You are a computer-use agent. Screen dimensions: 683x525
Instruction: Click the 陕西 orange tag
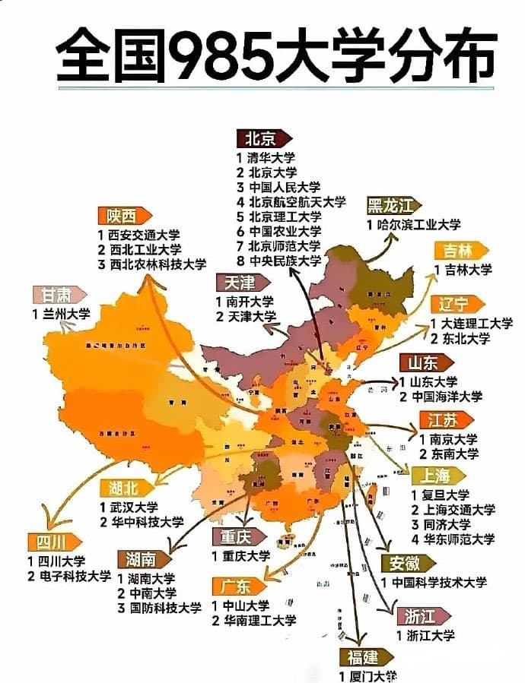pos(122,216)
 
